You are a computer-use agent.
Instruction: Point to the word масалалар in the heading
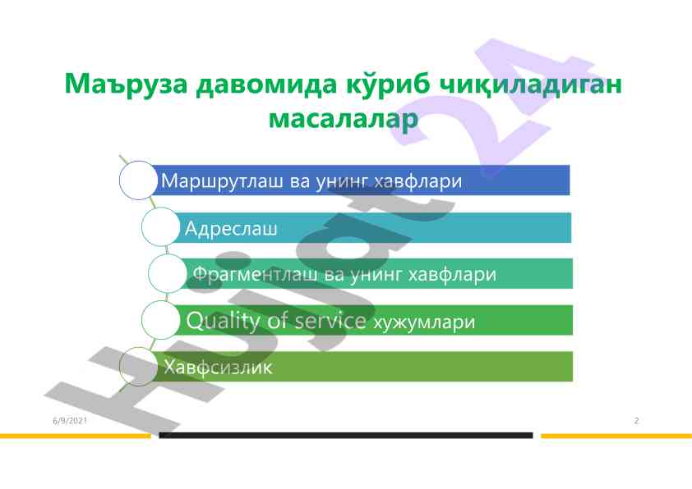(344, 118)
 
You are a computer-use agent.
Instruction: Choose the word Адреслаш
(231, 228)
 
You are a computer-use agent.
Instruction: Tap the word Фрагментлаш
(255, 274)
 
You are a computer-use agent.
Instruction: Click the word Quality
(223, 321)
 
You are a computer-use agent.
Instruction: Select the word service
(330, 321)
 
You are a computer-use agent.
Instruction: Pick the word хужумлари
(424, 322)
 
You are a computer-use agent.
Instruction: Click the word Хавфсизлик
(218, 368)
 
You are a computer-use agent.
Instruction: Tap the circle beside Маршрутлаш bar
(138, 181)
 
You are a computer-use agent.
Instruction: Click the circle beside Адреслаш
(160, 226)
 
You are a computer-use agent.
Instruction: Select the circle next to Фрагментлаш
(168, 273)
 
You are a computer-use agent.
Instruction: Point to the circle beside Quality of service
(160, 320)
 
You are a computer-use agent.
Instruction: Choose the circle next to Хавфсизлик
(138, 367)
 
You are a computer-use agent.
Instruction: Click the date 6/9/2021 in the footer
(70, 420)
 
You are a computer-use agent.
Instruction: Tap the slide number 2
(636, 420)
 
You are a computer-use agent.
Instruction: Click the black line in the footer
(346, 435)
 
